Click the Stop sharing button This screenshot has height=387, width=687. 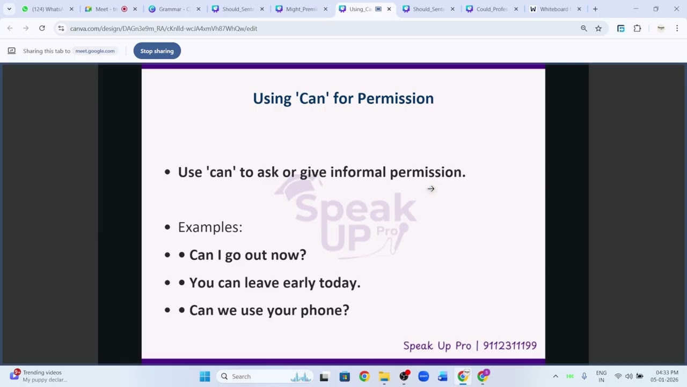157,51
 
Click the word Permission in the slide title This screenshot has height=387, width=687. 395,98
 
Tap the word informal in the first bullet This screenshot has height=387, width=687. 357,172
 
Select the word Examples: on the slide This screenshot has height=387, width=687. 210,227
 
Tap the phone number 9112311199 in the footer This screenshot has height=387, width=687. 509,346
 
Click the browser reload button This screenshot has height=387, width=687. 42,28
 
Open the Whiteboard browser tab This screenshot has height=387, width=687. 554,9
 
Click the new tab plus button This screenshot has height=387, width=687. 595,9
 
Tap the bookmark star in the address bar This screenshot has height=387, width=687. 598,28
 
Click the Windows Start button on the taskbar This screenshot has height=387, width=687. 204,376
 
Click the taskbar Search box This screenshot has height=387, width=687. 242,376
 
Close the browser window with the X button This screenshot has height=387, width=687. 676,9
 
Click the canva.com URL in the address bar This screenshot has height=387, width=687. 164,28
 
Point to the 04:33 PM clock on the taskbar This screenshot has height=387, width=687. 667,373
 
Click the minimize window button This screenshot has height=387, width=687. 636,9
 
